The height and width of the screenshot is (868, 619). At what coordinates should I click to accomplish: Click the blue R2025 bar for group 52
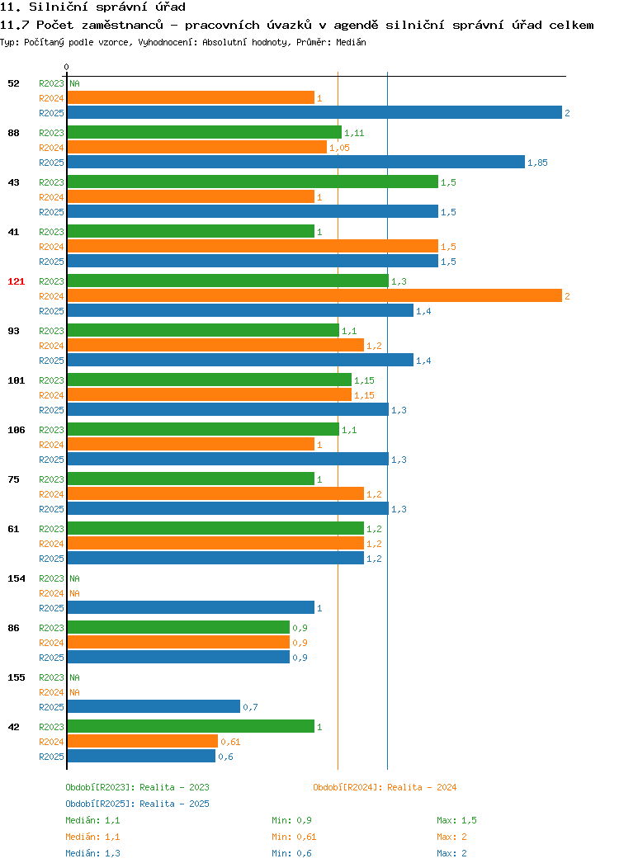pos(314,112)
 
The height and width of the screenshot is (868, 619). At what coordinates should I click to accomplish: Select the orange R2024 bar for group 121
pos(314,295)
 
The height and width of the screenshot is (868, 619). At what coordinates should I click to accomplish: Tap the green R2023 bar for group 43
pos(253,182)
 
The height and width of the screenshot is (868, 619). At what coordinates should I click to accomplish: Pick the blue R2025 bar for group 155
pos(154,706)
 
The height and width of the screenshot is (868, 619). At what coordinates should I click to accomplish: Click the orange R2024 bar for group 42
pos(143,741)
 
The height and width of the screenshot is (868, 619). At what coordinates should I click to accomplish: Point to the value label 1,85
pos(537,163)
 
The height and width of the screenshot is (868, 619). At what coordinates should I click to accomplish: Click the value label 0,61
pos(230,742)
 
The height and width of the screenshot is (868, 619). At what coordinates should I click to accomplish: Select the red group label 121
pos(16,281)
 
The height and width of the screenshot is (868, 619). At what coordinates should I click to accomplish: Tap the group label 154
pos(16,578)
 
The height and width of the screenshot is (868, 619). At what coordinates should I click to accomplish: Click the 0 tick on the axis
pos(67,67)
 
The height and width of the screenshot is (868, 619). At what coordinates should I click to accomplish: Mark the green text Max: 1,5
pos(456,820)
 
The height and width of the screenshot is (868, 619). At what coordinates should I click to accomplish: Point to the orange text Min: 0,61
pos(294,837)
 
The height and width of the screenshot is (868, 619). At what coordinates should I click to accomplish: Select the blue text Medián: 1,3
pos(92,854)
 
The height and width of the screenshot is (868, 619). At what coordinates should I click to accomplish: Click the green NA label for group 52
pos(75,83)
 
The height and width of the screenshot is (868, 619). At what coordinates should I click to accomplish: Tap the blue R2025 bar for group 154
pos(191,607)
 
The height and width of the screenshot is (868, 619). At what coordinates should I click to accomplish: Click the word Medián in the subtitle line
pos(351,42)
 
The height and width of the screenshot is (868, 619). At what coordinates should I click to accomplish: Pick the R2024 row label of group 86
pos(51,643)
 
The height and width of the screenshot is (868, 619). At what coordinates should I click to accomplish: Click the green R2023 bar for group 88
pos(205,132)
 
